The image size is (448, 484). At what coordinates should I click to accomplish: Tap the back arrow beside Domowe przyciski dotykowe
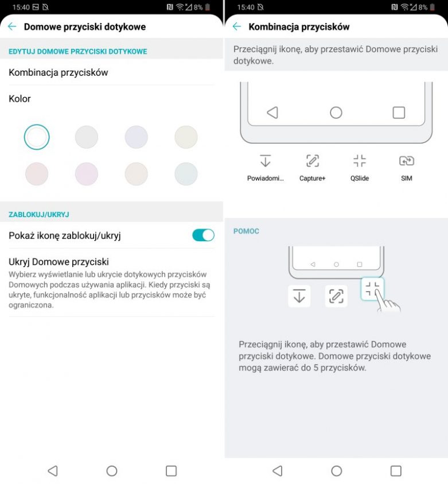click(x=12, y=26)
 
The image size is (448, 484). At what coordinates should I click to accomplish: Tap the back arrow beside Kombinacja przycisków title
click(x=237, y=26)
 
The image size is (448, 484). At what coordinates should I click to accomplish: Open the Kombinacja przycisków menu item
click(x=59, y=72)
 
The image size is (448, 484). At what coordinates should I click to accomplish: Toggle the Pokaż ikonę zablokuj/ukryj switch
click(x=203, y=235)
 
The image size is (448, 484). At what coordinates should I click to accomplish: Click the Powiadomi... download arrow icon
click(x=265, y=161)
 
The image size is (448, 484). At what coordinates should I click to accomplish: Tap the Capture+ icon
click(x=312, y=161)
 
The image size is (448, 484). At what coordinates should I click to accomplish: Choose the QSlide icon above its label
click(x=360, y=161)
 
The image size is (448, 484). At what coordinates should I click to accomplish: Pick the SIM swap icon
click(x=406, y=161)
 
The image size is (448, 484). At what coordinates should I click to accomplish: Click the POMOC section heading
click(x=246, y=231)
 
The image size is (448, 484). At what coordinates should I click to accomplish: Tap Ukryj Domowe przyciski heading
click(x=59, y=262)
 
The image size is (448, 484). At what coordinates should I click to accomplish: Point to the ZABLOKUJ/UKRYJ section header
click(x=39, y=215)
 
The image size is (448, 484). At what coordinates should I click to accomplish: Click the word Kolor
click(x=20, y=99)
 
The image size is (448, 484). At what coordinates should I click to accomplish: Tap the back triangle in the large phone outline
click(x=272, y=113)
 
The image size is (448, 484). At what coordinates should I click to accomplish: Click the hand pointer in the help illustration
click(x=387, y=303)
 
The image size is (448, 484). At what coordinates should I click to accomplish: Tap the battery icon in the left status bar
click(x=208, y=7)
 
